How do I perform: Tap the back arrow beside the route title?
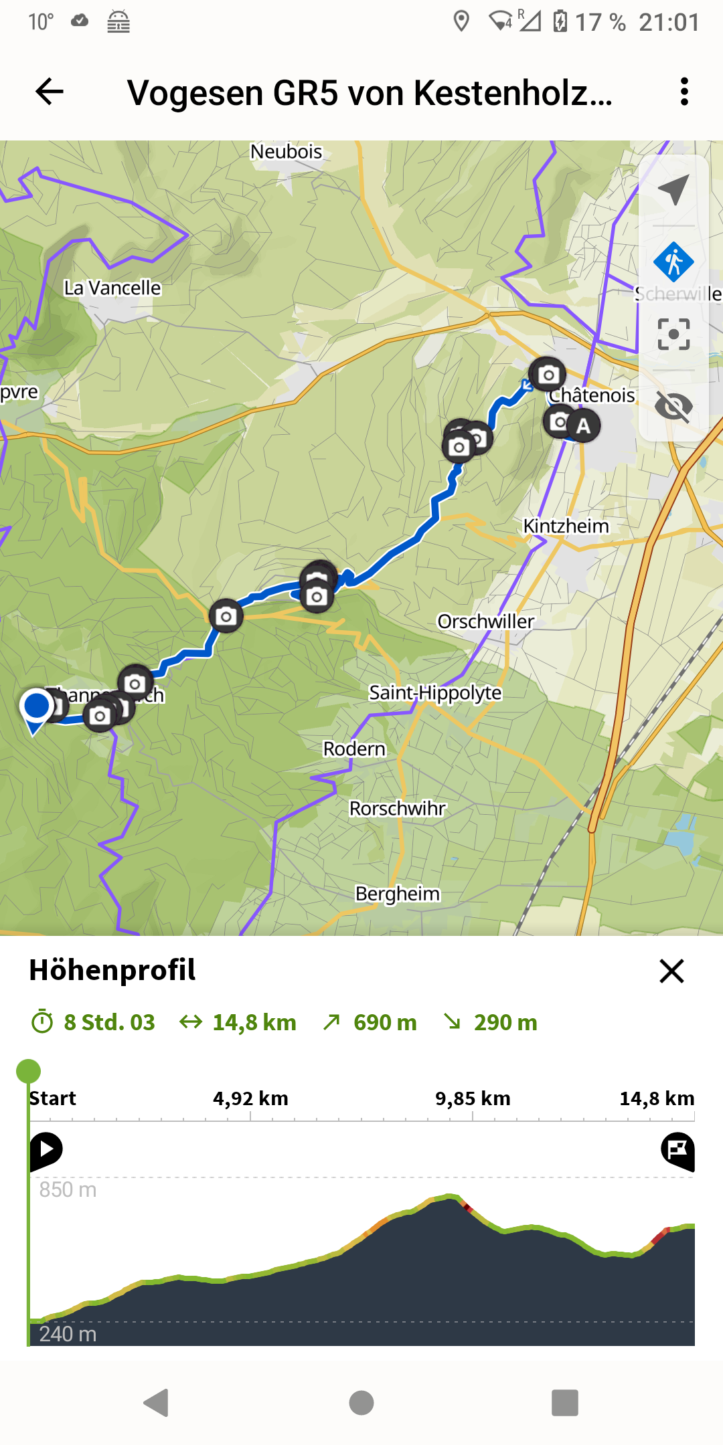click(50, 92)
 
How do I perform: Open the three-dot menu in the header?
click(684, 92)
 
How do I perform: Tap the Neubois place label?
click(286, 152)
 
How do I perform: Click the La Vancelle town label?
click(112, 288)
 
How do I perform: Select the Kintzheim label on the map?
click(566, 526)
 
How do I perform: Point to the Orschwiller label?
click(485, 621)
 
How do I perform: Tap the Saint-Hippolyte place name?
click(435, 692)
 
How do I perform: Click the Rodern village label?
click(354, 749)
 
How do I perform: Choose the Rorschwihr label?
click(397, 809)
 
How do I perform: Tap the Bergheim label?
click(397, 894)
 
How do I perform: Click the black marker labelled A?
click(583, 425)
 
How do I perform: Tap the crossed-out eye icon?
click(673, 406)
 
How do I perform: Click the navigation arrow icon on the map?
click(673, 190)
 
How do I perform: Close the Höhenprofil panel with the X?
click(671, 971)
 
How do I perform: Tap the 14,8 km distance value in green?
click(254, 1022)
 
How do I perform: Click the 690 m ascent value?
click(384, 1022)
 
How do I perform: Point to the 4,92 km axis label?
click(250, 1098)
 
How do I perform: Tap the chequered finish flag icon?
click(677, 1151)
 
